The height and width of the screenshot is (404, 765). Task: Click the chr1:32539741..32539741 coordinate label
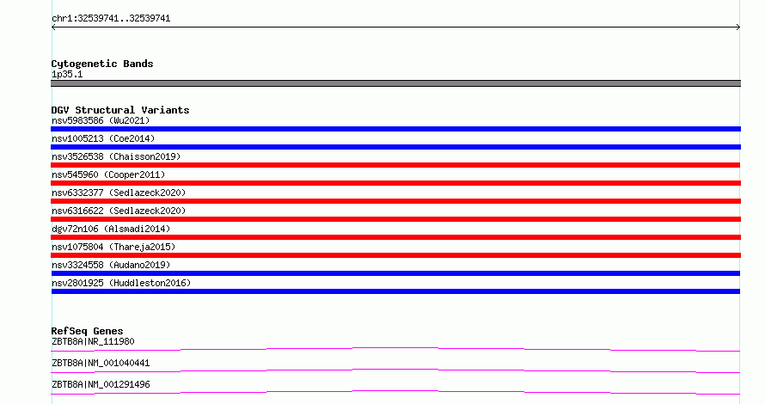(111, 18)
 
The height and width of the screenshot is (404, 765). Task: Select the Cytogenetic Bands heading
(102, 64)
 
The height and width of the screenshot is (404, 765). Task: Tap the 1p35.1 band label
(67, 74)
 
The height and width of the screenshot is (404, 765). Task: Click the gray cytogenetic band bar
(395, 83)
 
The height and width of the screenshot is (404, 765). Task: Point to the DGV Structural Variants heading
(120, 110)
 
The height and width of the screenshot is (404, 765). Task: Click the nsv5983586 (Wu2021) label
(101, 120)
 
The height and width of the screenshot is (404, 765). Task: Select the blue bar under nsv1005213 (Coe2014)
(395, 147)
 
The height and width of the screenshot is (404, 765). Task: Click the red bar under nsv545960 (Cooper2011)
(395, 183)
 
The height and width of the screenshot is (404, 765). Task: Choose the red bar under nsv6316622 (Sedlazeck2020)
(395, 219)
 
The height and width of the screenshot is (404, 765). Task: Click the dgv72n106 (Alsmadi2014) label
(111, 229)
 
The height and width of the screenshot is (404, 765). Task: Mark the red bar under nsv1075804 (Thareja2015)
(395, 255)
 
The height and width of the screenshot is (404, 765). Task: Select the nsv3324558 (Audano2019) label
(111, 265)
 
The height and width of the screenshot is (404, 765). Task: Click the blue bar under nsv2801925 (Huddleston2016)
(395, 291)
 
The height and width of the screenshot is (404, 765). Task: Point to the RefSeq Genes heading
(87, 331)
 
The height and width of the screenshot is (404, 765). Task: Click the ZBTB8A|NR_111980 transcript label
(93, 341)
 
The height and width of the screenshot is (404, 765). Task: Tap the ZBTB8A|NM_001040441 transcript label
(101, 363)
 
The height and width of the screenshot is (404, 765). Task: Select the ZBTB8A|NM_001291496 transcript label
(101, 384)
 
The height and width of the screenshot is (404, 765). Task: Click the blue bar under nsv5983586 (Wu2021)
(395, 129)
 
